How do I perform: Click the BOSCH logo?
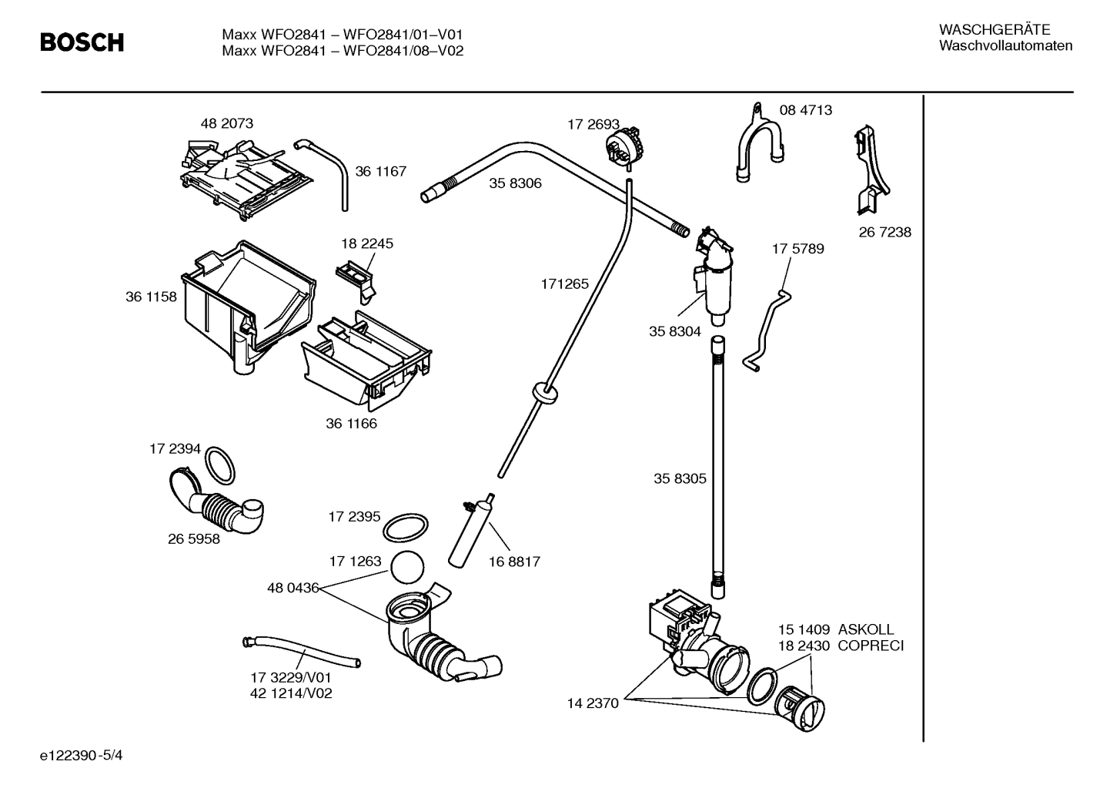click(x=82, y=42)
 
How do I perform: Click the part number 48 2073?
click(x=226, y=123)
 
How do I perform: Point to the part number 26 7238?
click(x=884, y=232)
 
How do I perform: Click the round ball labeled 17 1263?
click(x=407, y=569)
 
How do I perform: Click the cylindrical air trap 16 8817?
click(x=470, y=532)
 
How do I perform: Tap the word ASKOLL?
click(x=866, y=629)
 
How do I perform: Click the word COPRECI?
click(x=871, y=646)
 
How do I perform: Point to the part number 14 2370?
click(x=593, y=703)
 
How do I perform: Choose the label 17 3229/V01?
click(x=290, y=677)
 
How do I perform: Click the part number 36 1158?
click(x=151, y=297)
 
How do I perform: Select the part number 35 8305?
click(x=680, y=478)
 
